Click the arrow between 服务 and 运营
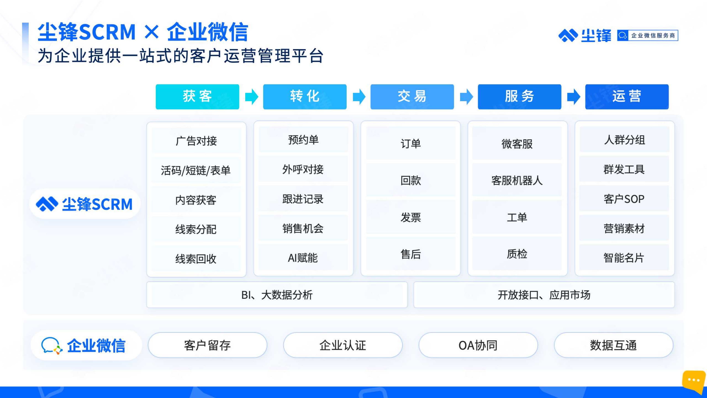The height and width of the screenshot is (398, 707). coord(573,97)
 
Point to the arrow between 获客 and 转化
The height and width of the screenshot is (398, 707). coord(251,97)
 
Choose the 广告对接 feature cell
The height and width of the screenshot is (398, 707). coord(196,141)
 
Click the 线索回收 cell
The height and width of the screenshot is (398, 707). coord(196,259)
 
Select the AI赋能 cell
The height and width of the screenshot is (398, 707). coord(303,258)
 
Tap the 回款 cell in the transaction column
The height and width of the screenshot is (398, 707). coord(411,180)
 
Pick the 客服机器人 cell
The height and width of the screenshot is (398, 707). coord(517,180)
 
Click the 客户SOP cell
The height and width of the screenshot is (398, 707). coord(624,199)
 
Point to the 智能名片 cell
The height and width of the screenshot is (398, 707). coord(624,258)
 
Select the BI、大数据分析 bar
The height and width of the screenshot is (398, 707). coord(277,295)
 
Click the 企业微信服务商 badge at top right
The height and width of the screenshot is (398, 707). coord(648,35)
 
